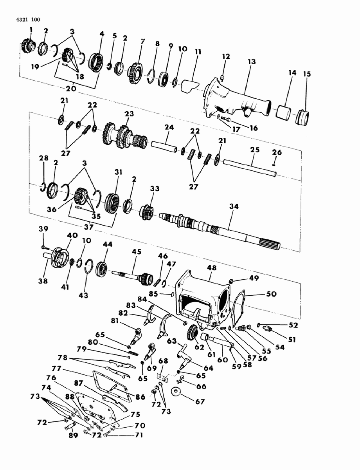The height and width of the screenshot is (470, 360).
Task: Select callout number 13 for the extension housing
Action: click(x=251, y=61)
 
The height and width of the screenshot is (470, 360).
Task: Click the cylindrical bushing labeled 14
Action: click(x=284, y=112)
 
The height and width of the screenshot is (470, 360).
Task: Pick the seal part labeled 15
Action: click(x=304, y=116)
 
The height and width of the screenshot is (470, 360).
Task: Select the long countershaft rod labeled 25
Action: click(x=251, y=167)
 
